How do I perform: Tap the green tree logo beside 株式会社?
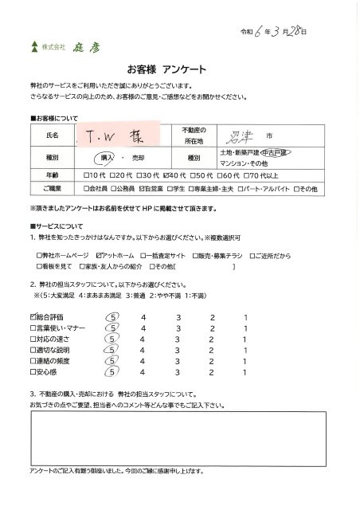[33, 45]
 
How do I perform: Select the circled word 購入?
[113, 157]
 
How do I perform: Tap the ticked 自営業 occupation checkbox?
[141, 190]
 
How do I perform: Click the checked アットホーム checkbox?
[99, 254]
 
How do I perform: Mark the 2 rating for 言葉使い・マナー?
[212, 328]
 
